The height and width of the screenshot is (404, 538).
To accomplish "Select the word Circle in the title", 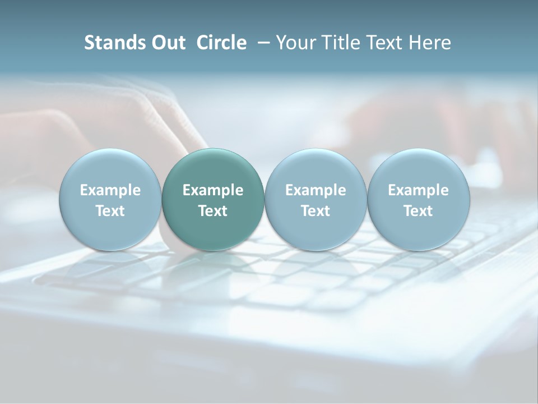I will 221,43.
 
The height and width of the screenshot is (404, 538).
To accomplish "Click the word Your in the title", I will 295,43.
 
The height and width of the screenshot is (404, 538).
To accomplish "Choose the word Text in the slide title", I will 383,43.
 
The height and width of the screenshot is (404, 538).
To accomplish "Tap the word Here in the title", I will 430,43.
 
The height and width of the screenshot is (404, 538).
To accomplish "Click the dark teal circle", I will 213,200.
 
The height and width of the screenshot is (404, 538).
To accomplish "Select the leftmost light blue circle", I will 110,200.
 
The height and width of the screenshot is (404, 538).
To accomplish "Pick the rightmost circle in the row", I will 419,200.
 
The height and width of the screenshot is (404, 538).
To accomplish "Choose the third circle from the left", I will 316,200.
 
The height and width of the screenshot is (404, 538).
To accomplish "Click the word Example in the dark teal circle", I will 213,190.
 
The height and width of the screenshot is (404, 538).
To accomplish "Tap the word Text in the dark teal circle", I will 213,211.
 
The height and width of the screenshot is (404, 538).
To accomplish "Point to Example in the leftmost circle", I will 110,190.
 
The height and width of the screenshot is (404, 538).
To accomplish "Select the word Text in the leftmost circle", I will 110,211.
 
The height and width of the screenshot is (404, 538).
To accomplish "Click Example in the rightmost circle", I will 419,190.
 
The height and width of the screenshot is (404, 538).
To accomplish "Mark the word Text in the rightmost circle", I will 419,211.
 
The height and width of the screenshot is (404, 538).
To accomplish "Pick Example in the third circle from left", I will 316,190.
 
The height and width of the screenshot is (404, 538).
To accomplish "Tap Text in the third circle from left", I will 316,211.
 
